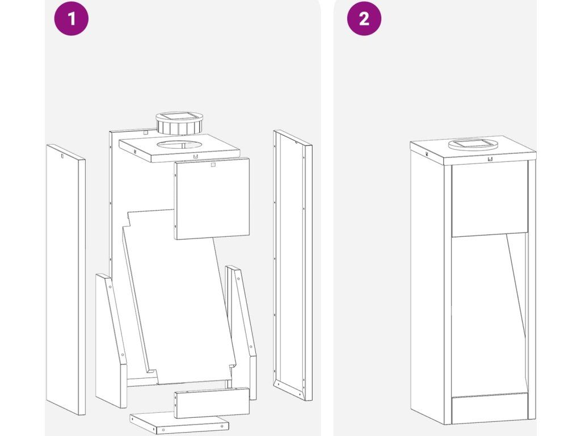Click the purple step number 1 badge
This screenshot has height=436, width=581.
71,19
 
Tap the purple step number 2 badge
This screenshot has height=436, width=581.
364,19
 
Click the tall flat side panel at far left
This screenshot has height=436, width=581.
66,279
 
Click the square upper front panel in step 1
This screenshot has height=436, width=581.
212,198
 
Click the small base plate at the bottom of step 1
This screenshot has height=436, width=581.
179,423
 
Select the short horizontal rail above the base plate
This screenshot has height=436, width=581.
212,403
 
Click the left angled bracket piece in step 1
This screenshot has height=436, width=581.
111,341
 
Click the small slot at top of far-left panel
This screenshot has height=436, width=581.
62,156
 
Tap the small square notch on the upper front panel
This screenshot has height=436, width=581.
213,164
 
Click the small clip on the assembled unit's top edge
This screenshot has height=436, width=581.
490,159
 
